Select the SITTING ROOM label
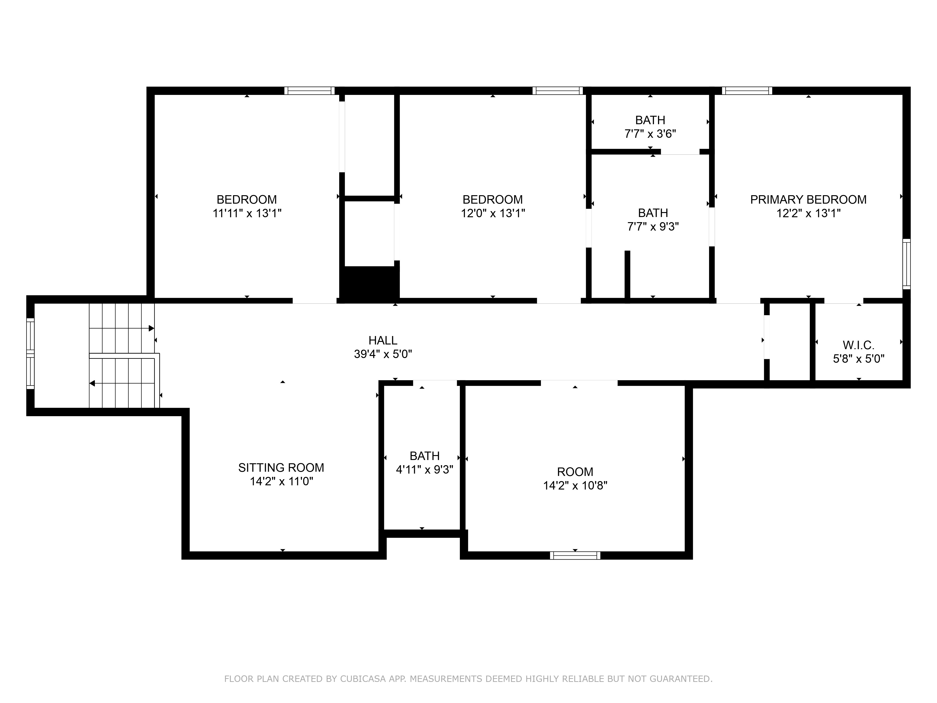tap(281, 467)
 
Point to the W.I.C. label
tap(858, 345)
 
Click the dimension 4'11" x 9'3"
tap(424, 470)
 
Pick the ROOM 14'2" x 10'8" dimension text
tap(575, 485)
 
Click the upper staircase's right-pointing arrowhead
tap(151, 328)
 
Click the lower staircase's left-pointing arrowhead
tap(92, 384)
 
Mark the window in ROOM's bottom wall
tap(575, 556)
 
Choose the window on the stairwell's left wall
tap(30, 353)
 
